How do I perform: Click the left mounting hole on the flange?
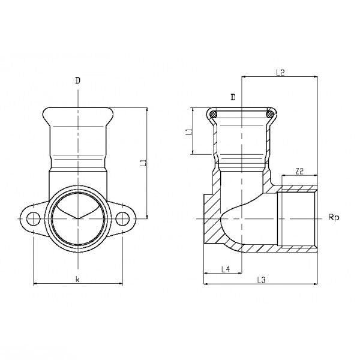point(34,218)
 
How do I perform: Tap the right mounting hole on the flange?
point(122,218)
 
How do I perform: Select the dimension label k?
point(77,279)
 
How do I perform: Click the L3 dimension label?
point(261,280)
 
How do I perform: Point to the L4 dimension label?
point(226,269)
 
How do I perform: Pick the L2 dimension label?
point(280,73)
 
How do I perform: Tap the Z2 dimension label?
point(299,171)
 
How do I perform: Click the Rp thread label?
point(334,217)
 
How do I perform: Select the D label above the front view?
point(78,80)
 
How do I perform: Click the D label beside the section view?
point(233,97)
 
